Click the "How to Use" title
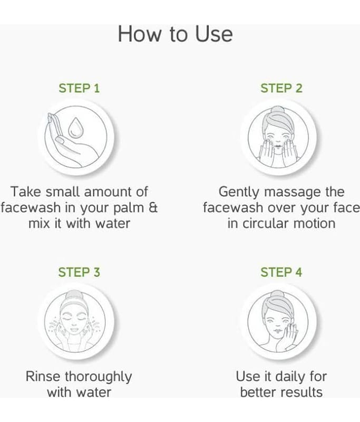click(x=176, y=34)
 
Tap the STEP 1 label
click(x=79, y=88)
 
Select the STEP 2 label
click(x=281, y=88)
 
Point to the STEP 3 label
click(x=79, y=272)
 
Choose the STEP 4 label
click(x=281, y=272)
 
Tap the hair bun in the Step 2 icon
click(x=277, y=111)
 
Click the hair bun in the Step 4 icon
click(x=277, y=295)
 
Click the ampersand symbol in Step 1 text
click(x=153, y=207)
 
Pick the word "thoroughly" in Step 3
click(x=98, y=377)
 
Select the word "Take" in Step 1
click(x=26, y=192)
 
